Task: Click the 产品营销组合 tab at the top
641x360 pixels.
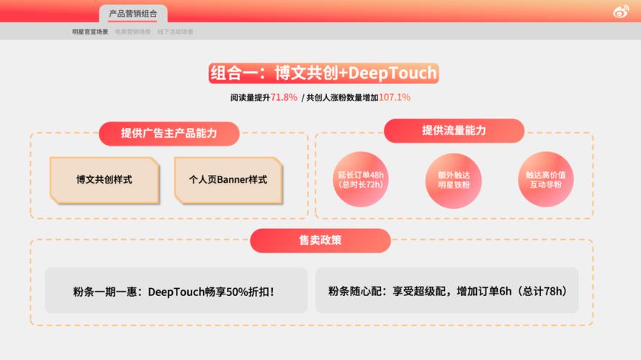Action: click(x=133, y=13)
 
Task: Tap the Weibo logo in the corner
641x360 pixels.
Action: click(x=620, y=12)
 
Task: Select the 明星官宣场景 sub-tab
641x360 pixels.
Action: click(x=90, y=32)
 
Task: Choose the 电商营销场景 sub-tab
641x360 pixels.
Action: click(x=133, y=32)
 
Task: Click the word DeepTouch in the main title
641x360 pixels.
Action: click(x=397, y=73)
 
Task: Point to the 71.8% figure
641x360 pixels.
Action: click(x=284, y=97)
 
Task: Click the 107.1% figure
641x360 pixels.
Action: click(x=395, y=97)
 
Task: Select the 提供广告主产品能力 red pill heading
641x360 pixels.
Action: click(x=169, y=133)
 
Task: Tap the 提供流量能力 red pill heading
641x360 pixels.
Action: click(x=454, y=130)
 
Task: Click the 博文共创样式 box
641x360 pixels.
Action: click(x=104, y=179)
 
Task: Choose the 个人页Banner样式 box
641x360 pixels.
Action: click(x=228, y=179)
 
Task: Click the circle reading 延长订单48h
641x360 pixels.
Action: click(x=360, y=179)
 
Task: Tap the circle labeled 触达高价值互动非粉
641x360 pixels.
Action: click(x=544, y=179)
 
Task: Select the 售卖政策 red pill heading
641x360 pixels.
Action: click(x=320, y=240)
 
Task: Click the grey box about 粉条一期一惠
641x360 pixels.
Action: click(x=176, y=291)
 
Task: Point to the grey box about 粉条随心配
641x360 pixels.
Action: click(x=447, y=291)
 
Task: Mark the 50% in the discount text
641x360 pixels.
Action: click(x=237, y=292)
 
